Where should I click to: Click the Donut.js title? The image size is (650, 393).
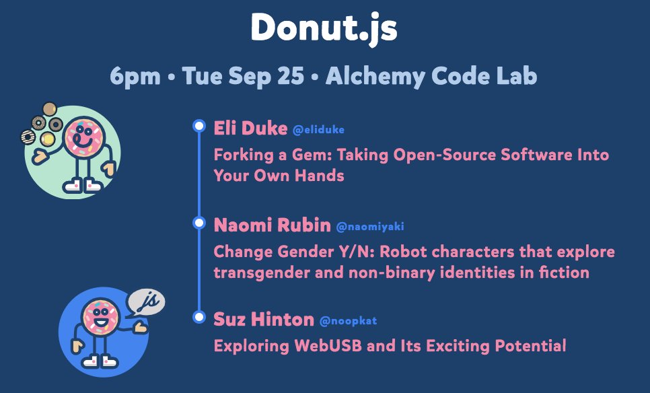click(x=324, y=28)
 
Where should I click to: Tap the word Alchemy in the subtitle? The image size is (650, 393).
click(x=375, y=76)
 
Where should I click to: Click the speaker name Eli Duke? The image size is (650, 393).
click(x=250, y=128)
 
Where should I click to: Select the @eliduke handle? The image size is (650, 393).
click(x=318, y=130)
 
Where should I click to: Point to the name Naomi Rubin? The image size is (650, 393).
click(x=272, y=225)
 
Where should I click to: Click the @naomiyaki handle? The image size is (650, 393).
click(x=370, y=227)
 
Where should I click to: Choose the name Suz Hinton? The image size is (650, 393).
click(x=264, y=319)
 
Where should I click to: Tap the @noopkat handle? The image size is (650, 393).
click(x=349, y=321)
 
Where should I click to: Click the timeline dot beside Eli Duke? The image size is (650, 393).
click(x=199, y=126)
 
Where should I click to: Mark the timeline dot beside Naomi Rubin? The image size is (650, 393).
click(x=199, y=223)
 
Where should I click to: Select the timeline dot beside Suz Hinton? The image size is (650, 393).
click(x=199, y=317)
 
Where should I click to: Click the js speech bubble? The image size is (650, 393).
click(x=146, y=303)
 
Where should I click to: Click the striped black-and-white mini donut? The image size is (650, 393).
click(x=28, y=137)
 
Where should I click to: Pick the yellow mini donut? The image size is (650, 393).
click(x=48, y=139)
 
